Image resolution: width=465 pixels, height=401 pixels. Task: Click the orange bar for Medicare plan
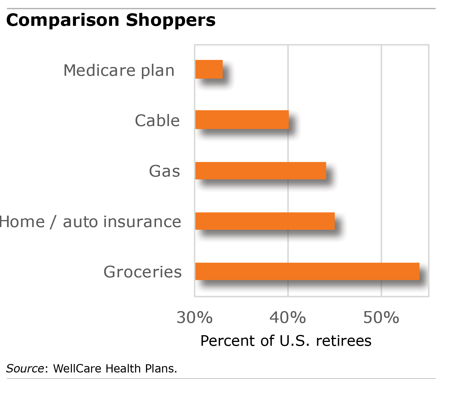point(209,69)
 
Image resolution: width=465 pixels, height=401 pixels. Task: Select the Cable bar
point(242,120)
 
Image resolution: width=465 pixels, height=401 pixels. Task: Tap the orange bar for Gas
point(261,171)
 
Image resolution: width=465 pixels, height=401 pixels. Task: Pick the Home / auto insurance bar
point(265,221)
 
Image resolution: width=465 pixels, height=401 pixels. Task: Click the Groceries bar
point(307,271)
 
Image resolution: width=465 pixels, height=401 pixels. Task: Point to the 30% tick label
point(195,318)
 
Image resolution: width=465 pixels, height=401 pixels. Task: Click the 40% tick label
point(288,318)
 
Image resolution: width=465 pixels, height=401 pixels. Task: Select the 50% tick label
point(381,318)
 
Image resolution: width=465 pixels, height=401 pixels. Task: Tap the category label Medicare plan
point(119,71)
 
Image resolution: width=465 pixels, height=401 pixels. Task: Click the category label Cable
point(157,121)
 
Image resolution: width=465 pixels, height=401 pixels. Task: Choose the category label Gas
point(164,171)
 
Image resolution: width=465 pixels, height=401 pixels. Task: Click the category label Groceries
point(143,272)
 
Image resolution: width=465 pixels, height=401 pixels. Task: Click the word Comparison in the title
point(63,21)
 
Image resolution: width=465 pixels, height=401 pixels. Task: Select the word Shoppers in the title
point(171,21)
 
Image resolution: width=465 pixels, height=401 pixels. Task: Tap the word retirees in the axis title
point(344,341)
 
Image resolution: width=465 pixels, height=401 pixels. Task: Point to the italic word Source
point(25,368)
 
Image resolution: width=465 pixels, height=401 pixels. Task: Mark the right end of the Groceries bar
point(419,271)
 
